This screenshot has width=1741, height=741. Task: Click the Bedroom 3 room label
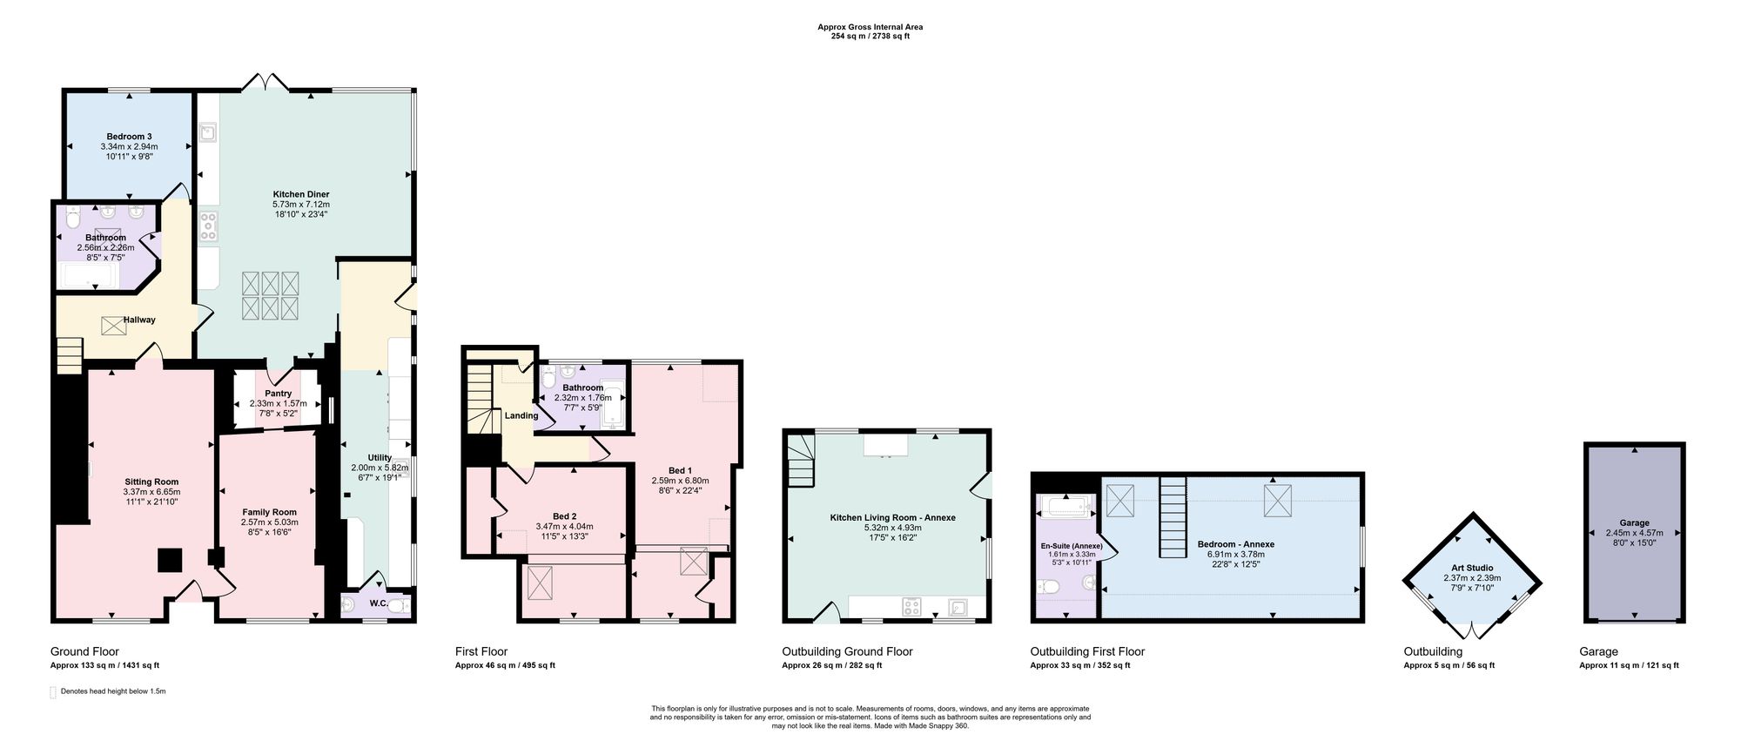(x=130, y=137)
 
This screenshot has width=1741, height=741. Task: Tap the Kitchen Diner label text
(x=301, y=194)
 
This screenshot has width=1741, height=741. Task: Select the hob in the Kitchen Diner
(x=208, y=227)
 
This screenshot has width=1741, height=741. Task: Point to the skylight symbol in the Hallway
(x=113, y=326)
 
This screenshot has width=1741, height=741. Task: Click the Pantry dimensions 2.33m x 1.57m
(x=279, y=404)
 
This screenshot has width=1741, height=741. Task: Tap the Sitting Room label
(x=151, y=482)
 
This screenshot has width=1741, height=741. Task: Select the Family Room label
(x=269, y=512)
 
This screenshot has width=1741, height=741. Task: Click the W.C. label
(x=379, y=603)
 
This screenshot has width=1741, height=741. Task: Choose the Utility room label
(x=380, y=457)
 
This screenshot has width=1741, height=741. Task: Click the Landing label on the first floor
(x=521, y=415)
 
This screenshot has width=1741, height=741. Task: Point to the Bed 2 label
(x=564, y=516)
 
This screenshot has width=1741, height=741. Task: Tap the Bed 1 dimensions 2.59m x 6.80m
(x=681, y=481)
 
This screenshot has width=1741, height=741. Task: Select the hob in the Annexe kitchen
(x=911, y=607)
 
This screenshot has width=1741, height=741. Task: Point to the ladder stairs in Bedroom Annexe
(x=1173, y=518)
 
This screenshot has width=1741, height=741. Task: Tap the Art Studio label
(x=1472, y=568)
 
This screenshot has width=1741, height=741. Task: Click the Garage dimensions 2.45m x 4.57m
(x=1634, y=533)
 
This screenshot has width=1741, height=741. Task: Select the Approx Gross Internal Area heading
(x=870, y=27)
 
